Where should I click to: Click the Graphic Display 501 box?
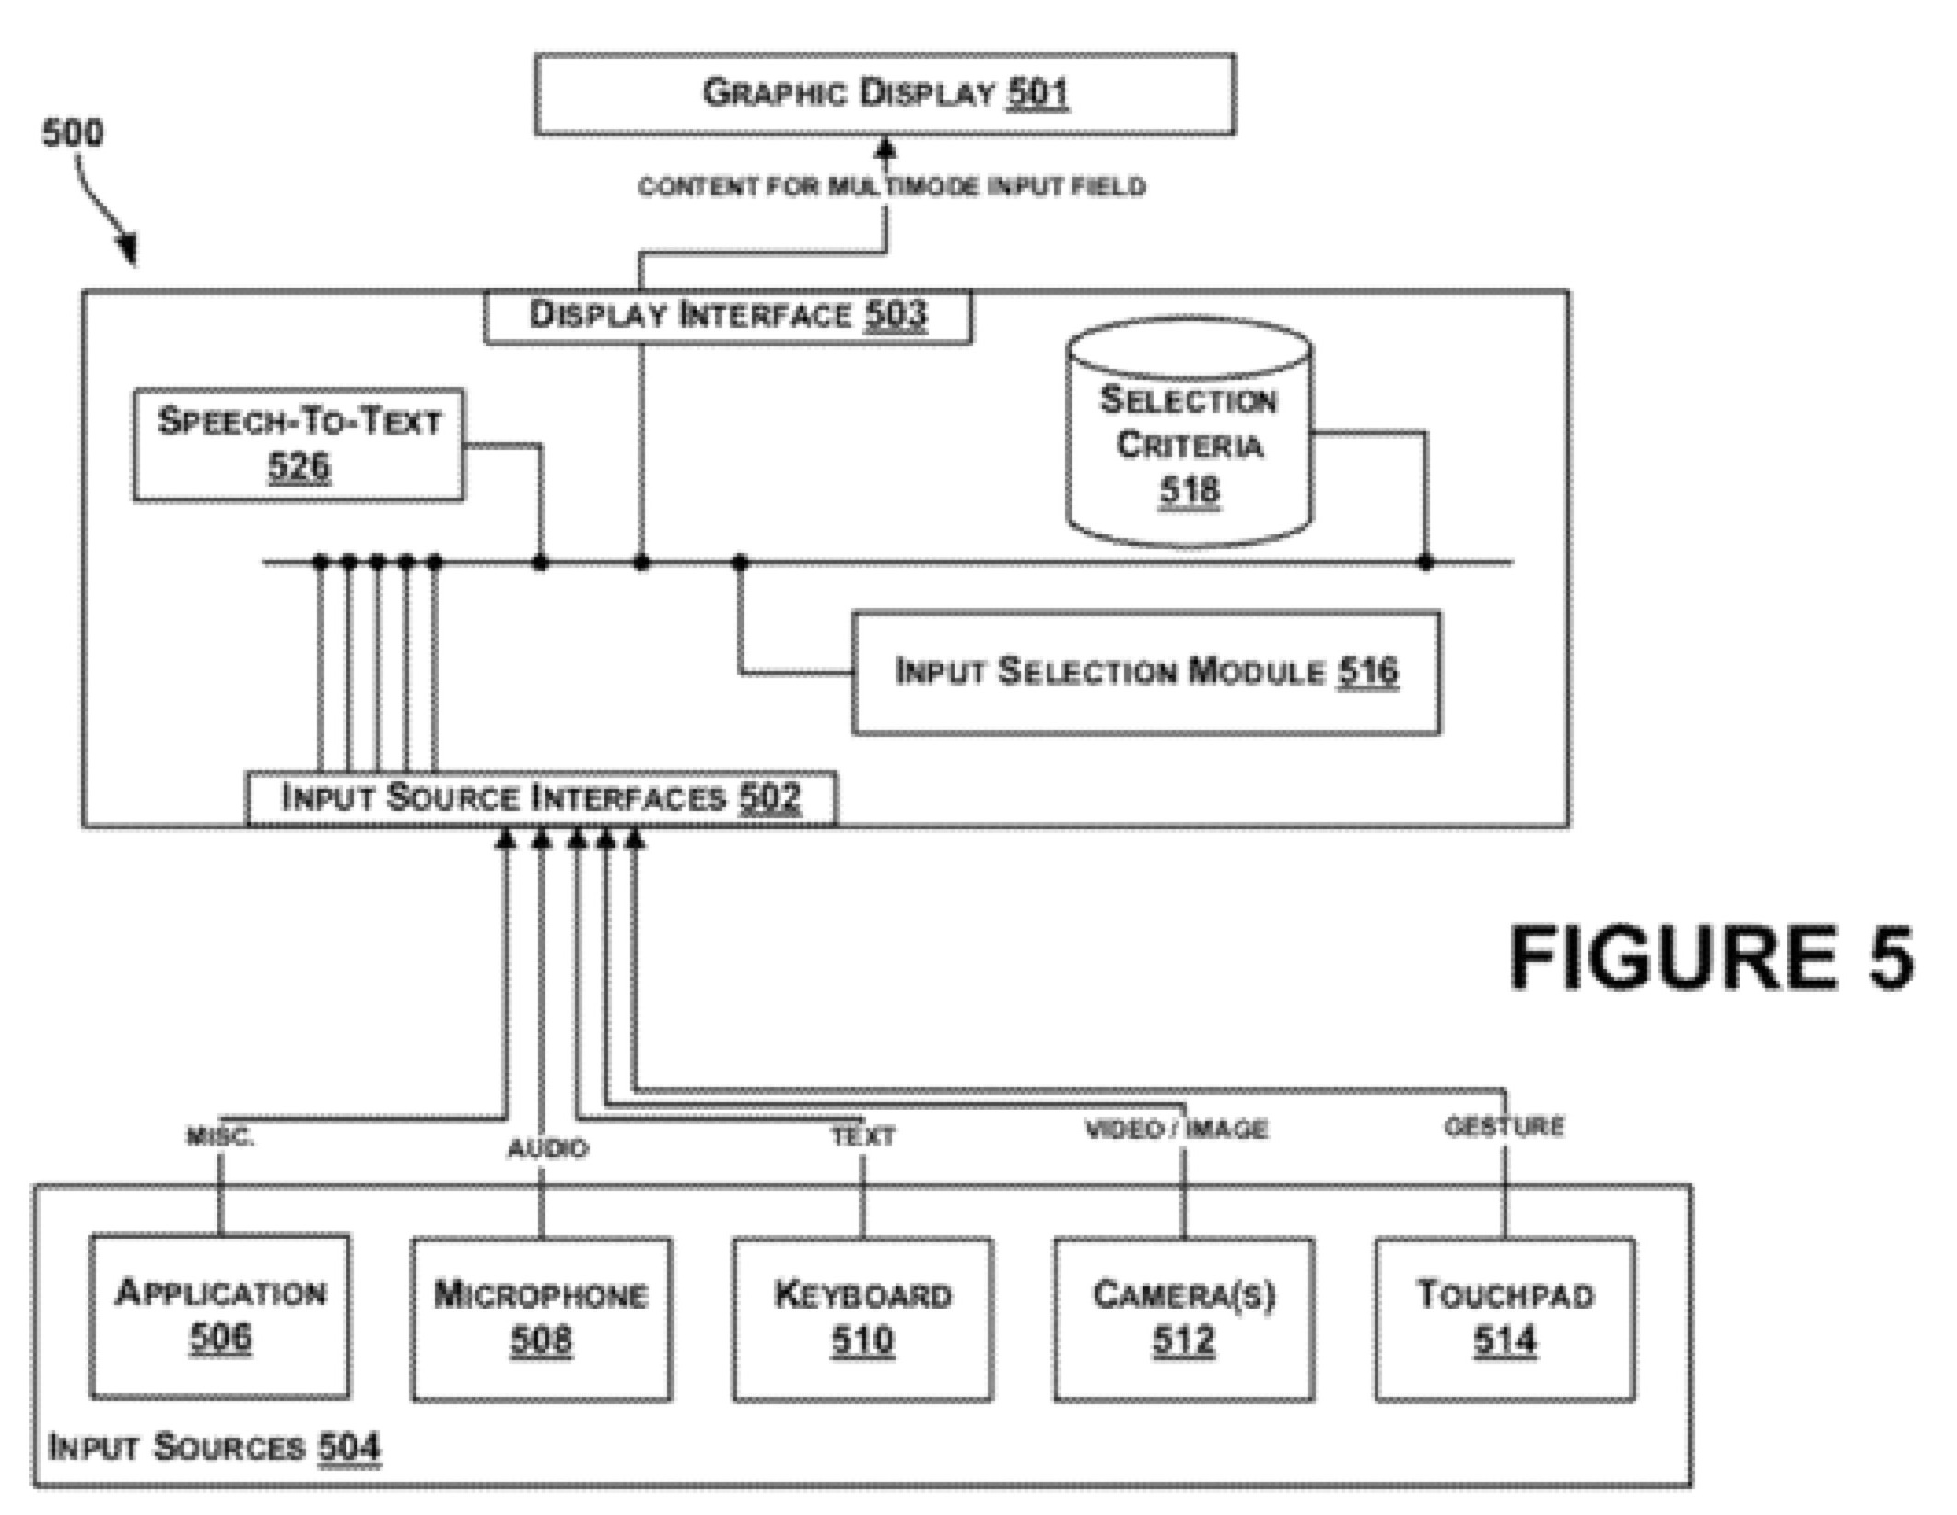pos(885,94)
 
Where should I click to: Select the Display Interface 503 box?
pos(727,316)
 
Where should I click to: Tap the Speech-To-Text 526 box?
pos(299,445)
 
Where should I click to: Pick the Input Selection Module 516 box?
pos(1146,672)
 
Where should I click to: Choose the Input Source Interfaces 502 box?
pos(541,797)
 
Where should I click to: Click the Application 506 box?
pos(220,1316)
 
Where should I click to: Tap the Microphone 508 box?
pos(541,1319)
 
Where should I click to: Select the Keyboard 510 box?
pos(862,1319)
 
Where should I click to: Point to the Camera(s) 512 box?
pos(1184,1319)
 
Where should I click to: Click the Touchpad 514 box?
pos(1505,1319)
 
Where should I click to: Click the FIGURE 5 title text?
pos(1711,958)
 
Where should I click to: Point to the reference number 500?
pos(73,134)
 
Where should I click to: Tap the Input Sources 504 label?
pos(214,1447)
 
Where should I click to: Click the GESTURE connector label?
pos(1504,1126)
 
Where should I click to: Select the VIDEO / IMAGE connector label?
pos(1177,1129)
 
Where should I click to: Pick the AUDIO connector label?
pos(547,1148)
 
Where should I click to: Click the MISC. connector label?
pos(220,1137)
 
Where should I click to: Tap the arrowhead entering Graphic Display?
pos(885,147)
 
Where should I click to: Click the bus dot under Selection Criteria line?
pos(1425,561)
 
